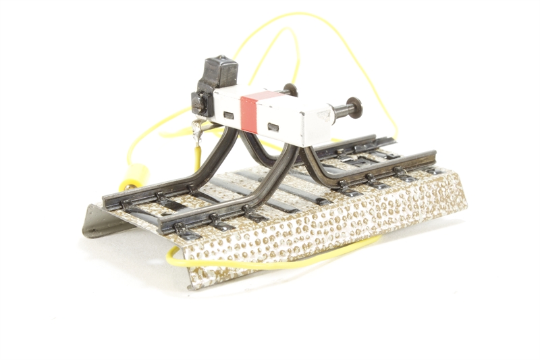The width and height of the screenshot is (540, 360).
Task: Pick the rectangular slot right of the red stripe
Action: [x=273, y=126]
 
